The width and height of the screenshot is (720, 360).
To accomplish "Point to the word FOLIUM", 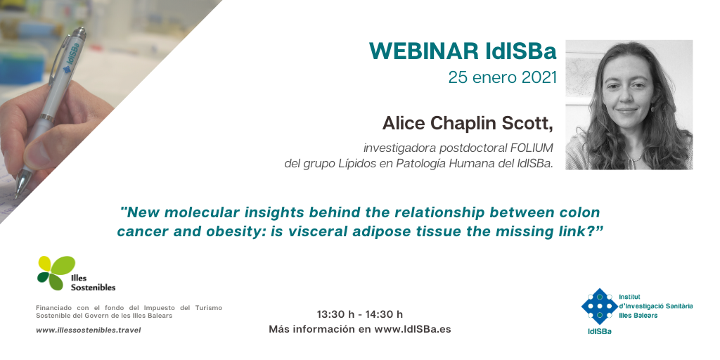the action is (532, 148).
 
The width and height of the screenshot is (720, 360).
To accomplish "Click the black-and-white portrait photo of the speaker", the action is (629, 105).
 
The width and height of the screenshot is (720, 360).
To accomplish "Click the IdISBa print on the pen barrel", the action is (72, 58).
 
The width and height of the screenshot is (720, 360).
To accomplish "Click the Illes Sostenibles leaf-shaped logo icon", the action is (56, 273).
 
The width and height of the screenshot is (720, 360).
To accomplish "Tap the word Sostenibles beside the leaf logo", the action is (93, 288).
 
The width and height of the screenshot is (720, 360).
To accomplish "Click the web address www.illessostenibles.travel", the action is (88, 330).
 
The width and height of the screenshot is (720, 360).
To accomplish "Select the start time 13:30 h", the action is (335, 314).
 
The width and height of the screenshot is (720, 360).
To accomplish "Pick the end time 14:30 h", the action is (384, 314).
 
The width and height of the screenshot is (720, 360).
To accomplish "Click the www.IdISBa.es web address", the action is (412, 329).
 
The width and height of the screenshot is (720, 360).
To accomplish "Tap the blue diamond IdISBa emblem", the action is (599, 307).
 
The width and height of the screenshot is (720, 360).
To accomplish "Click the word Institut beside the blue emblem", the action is (629, 297).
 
